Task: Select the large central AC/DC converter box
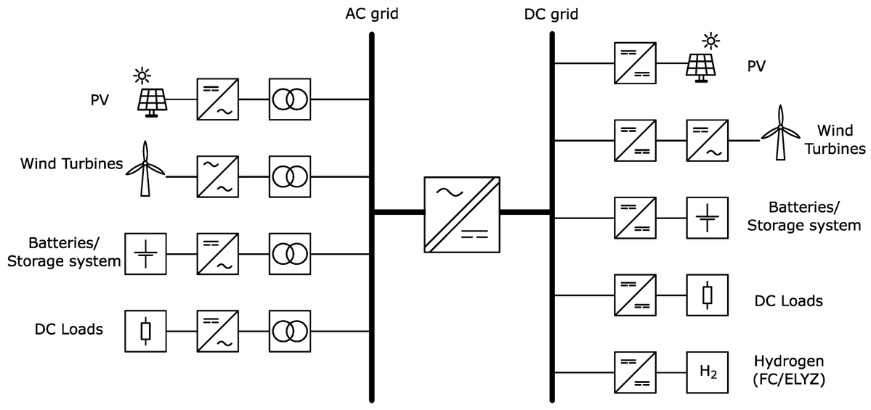[x=461, y=213]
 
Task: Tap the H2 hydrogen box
[x=708, y=372]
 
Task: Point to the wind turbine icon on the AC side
[x=146, y=168]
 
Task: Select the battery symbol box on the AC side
[x=145, y=254]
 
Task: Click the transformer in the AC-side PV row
[x=289, y=99]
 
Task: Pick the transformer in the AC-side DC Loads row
[x=289, y=331]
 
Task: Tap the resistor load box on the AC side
[x=145, y=331]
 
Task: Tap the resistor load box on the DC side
[x=708, y=295]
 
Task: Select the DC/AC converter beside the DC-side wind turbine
[x=706, y=140]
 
